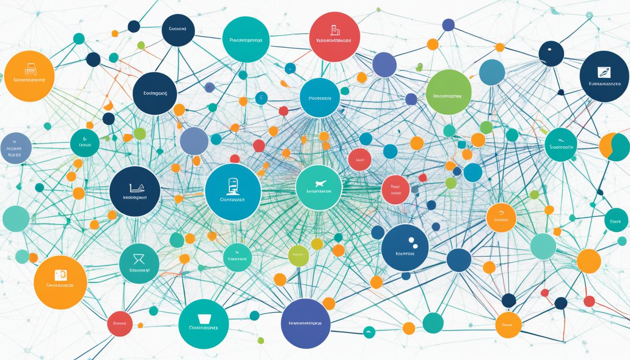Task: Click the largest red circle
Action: (x=334, y=37)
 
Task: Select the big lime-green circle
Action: (x=449, y=92)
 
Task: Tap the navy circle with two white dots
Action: (x=405, y=247)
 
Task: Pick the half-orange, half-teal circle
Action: (x=615, y=147)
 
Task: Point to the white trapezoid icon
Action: (x=204, y=319)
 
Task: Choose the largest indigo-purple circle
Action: (x=306, y=323)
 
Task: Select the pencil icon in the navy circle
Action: (x=604, y=72)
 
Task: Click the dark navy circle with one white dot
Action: (x=551, y=53)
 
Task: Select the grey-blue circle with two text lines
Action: (x=16, y=148)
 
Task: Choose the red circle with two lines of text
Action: (x=396, y=190)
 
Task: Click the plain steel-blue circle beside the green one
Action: (x=492, y=72)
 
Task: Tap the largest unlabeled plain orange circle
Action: (x=589, y=261)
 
